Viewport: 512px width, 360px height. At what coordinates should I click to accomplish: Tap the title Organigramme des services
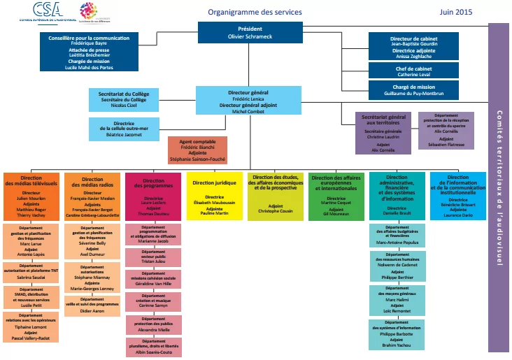(x=255, y=13)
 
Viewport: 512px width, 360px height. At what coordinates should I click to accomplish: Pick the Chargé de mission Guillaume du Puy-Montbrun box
(x=413, y=90)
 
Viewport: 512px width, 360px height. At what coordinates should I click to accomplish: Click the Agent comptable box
(x=197, y=149)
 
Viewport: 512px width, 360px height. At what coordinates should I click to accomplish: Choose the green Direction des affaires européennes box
(x=336, y=196)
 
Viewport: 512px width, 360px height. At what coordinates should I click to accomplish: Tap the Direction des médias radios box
(x=92, y=196)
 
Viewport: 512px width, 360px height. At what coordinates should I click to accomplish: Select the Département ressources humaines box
(x=397, y=266)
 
